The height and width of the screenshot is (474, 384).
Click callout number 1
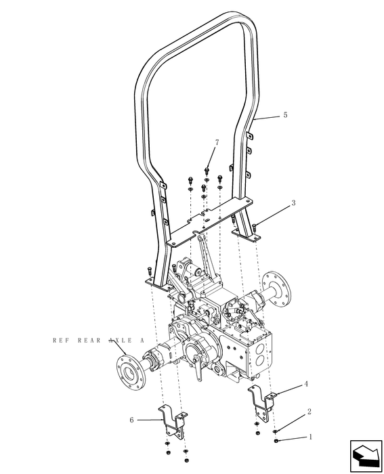311,438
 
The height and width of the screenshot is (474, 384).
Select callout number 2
309,411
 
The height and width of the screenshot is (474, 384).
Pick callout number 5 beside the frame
284,115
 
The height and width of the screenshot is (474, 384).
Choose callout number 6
131,419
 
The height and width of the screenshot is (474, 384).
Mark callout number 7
217,143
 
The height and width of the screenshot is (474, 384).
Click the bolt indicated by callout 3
253,227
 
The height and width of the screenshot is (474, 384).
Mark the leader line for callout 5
268,118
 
